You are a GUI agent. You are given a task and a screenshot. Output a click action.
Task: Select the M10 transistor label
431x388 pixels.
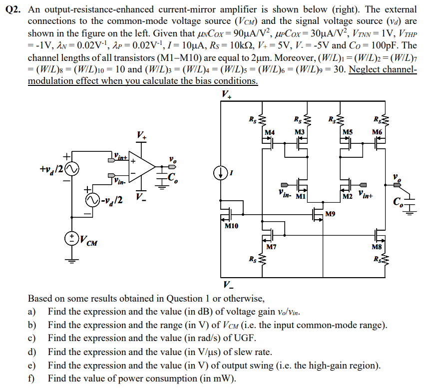point(231,226)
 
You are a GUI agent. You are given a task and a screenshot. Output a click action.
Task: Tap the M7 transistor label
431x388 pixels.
point(272,246)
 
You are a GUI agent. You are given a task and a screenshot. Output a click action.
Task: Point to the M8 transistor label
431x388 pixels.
point(377,247)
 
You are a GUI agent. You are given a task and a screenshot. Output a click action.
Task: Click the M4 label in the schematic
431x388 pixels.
point(270,132)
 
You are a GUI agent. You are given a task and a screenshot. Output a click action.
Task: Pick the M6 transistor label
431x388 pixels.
point(377,132)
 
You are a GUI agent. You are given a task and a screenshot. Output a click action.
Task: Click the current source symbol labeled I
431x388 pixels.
point(221,173)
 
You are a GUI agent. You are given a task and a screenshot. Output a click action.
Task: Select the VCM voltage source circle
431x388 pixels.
point(72,238)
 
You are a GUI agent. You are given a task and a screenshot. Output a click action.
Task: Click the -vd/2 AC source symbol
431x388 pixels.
point(92,201)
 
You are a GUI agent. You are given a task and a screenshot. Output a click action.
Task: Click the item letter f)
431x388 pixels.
point(31,378)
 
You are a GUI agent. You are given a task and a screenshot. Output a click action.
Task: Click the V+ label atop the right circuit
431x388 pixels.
point(226,94)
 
